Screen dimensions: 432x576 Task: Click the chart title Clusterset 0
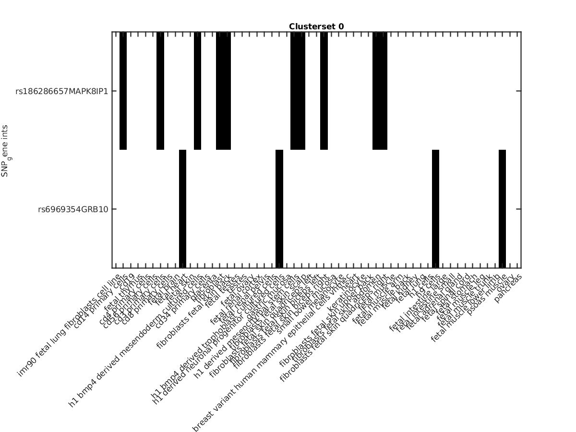tap(316, 27)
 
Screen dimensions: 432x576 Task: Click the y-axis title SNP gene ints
tap(5, 151)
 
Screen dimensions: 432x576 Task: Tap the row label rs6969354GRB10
tap(76, 209)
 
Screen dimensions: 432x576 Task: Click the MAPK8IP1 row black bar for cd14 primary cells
tap(123, 91)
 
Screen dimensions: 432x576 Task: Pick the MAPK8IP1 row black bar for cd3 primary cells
tap(160, 91)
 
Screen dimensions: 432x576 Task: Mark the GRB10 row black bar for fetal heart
tap(183, 209)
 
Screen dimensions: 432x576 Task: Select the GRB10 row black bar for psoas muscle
tap(503, 209)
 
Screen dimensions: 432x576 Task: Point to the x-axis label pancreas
tap(508, 288)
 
